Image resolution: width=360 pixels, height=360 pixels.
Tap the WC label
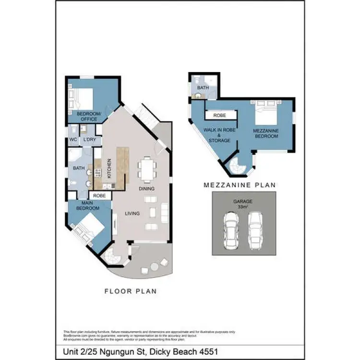[73, 140]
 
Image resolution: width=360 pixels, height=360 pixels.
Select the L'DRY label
[89, 140]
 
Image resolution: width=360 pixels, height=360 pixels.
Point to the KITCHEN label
[109, 168]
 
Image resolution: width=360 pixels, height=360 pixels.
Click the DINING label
[147, 189]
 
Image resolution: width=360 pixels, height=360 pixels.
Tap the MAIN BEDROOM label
[87, 205]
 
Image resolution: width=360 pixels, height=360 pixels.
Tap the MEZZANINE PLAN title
[240, 185]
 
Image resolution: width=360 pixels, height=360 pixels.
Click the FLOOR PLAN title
[131, 291]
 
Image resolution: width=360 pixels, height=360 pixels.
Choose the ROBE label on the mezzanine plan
[220, 116]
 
